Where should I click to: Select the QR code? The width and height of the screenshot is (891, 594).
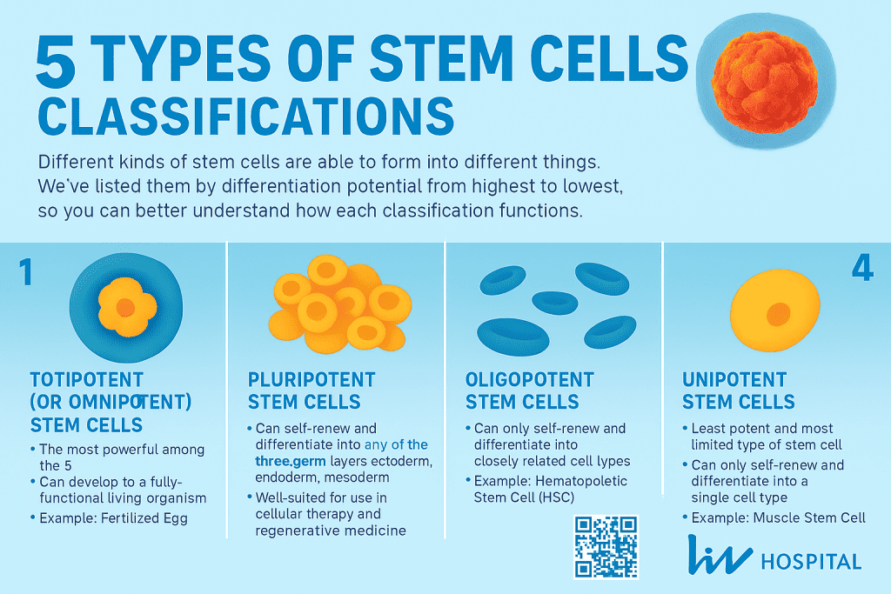(x=606, y=546)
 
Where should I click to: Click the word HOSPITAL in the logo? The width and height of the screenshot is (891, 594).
(x=811, y=561)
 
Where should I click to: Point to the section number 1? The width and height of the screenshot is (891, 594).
(x=25, y=273)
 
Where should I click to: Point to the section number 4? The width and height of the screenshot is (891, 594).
(x=861, y=269)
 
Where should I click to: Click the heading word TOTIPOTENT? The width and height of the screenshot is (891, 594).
(x=86, y=380)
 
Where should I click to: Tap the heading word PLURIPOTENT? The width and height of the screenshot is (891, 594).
(x=312, y=380)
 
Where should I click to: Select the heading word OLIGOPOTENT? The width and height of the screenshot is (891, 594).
(x=529, y=380)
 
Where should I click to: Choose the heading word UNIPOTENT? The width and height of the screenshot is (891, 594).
(x=734, y=380)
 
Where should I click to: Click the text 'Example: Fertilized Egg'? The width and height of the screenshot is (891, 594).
(x=113, y=517)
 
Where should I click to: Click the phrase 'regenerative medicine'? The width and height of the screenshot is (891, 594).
(x=331, y=530)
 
